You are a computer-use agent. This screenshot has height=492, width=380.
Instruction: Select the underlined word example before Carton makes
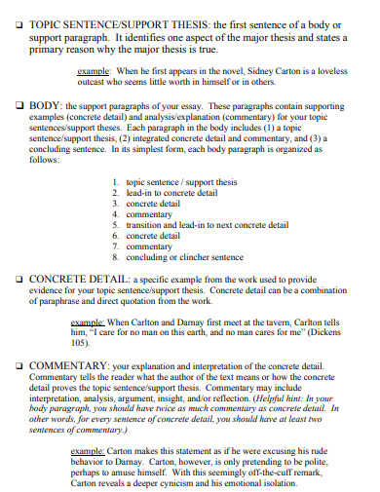click(90, 450)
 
